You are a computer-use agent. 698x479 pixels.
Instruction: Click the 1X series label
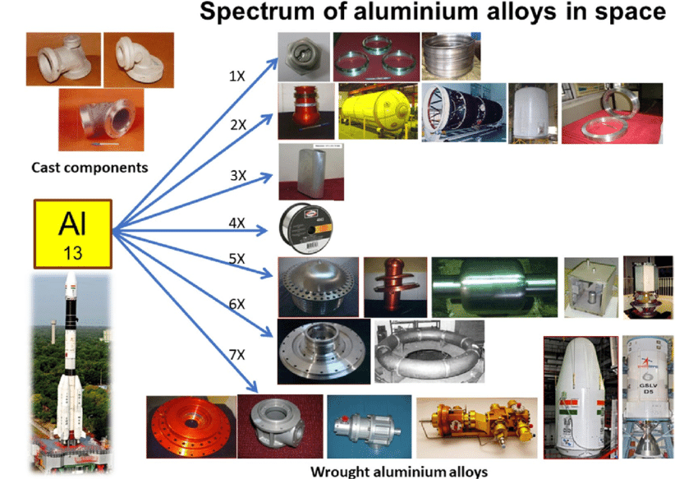(236, 76)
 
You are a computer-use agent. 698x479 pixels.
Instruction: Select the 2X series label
(238, 125)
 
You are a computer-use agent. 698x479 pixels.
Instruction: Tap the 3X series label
(238, 175)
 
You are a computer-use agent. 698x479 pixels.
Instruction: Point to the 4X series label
(237, 223)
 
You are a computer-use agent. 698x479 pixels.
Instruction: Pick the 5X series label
(236, 258)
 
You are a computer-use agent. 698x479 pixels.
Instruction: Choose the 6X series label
(236, 304)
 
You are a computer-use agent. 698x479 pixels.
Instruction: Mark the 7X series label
(236, 354)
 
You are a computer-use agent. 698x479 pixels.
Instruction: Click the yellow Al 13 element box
(71, 233)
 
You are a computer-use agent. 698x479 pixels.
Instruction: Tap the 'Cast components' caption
(90, 168)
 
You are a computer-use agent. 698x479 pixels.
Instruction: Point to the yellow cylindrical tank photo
(377, 111)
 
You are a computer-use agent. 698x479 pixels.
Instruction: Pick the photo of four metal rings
(374, 56)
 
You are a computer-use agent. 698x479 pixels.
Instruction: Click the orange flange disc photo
(191, 426)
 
